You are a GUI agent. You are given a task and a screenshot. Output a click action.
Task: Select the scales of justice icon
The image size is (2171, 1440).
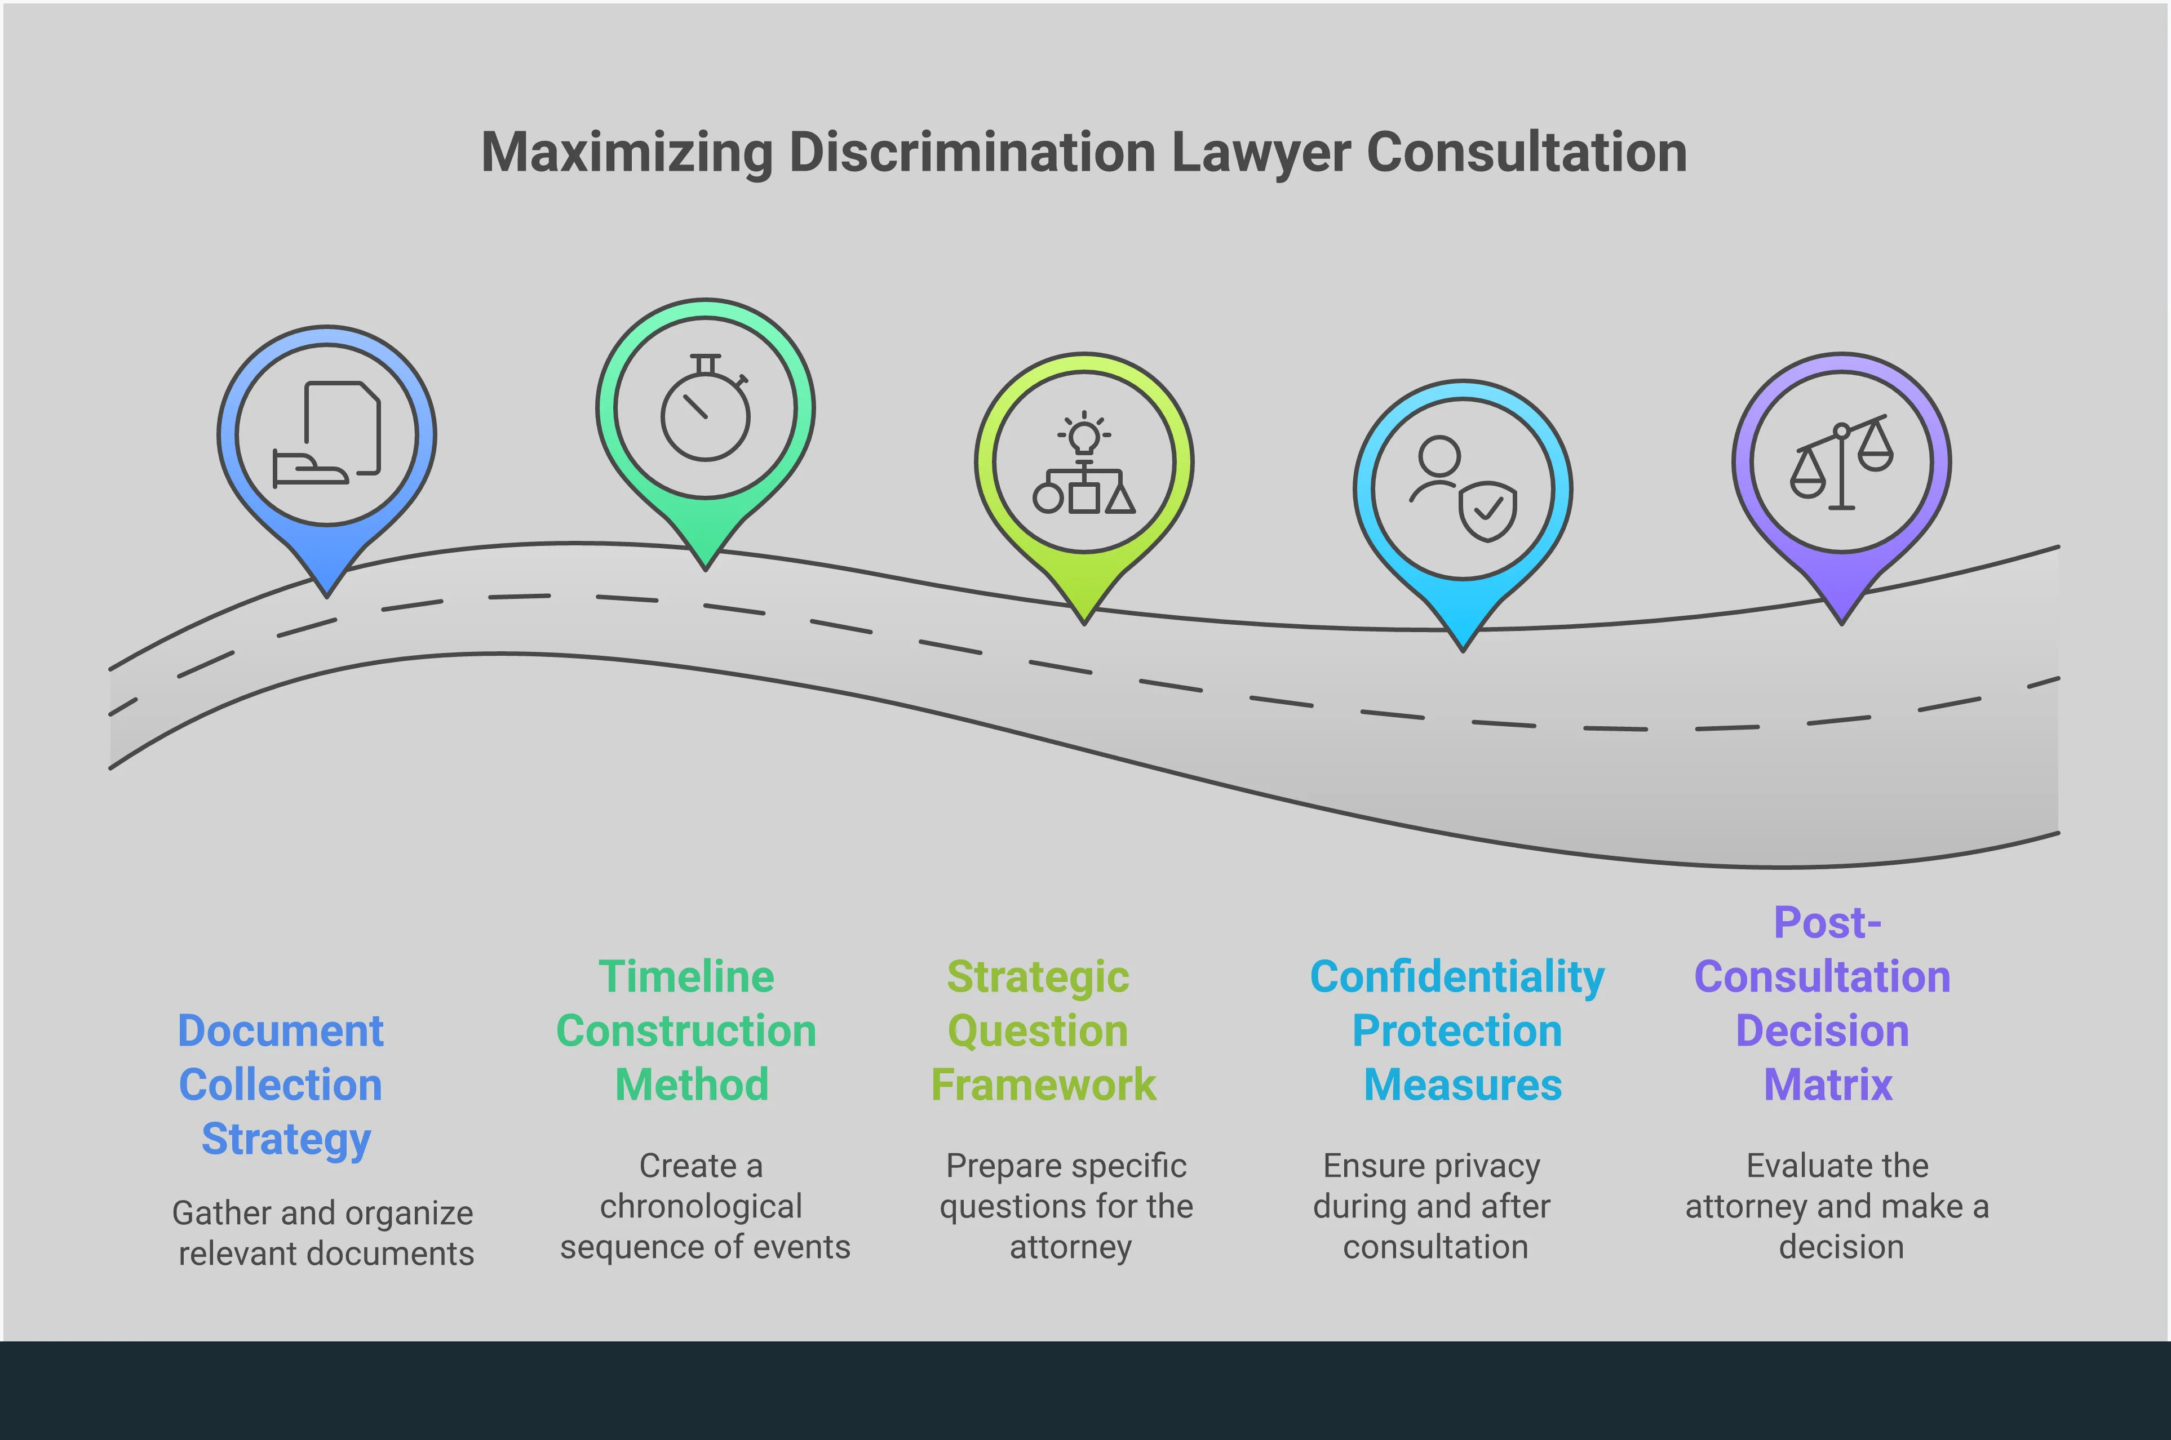[x=1841, y=463]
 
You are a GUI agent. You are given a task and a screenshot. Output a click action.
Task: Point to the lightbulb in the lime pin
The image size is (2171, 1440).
[x=1084, y=436]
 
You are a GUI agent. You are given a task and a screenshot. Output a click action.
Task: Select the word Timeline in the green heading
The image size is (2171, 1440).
[x=686, y=976]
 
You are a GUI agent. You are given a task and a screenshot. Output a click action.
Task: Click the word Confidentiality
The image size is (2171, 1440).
[x=1457, y=976]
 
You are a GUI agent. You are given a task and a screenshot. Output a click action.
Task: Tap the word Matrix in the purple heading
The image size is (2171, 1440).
[x=1828, y=1085]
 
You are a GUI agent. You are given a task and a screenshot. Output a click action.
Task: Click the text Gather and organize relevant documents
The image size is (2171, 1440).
[x=324, y=1233]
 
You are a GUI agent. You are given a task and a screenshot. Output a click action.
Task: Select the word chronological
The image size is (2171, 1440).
[x=701, y=1206]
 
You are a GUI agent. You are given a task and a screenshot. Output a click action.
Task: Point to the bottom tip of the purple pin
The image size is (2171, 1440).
[x=1841, y=623]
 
